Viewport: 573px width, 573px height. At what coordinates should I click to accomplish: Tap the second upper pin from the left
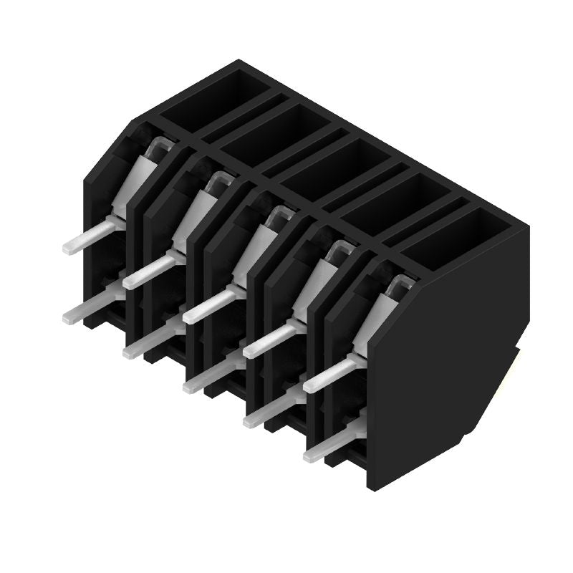pyautogui.click(x=148, y=272)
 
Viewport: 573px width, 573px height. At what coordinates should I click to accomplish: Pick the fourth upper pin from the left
pyautogui.click(x=269, y=341)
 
